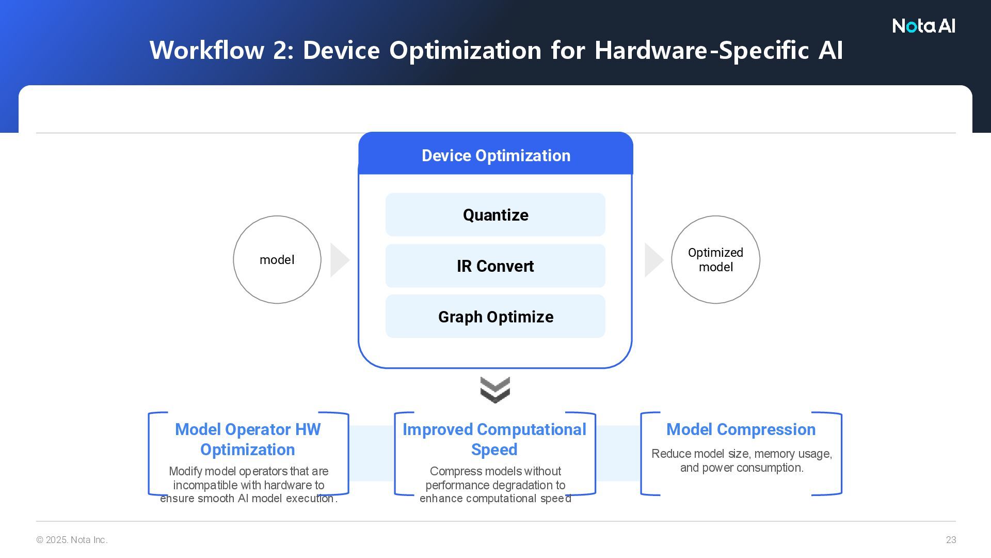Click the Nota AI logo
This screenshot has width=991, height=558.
click(923, 26)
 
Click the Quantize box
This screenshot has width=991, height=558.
click(495, 215)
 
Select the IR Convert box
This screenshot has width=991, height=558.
click(495, 266)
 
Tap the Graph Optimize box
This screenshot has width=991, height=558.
click(495, 317)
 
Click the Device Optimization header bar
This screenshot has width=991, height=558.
click(495, 156)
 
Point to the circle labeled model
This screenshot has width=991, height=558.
click(277, 259)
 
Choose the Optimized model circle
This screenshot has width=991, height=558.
click(715, 259)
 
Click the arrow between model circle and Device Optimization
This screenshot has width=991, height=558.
click(339, 260)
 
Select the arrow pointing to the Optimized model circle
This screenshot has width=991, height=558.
click(653, 260)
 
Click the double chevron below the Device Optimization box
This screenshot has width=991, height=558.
click(495, 390)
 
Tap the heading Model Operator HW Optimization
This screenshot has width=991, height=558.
click(248, 439)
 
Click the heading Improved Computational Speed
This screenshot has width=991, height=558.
click(494, 439)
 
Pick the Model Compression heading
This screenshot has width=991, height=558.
click(741, 429)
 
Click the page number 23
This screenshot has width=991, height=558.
click(951, 540)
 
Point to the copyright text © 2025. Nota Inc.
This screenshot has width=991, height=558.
click(72, 540)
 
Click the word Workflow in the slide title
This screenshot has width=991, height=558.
click(207, 51)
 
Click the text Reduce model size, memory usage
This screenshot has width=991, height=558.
click(742, 454)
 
